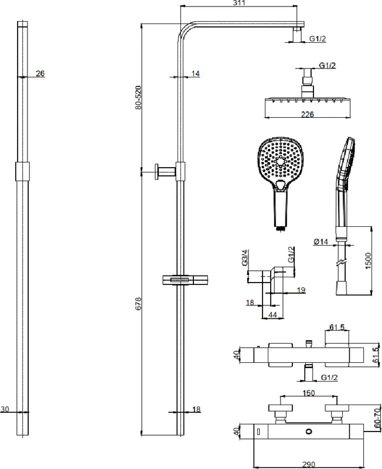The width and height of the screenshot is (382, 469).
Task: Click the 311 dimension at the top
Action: click(x=239, y=3)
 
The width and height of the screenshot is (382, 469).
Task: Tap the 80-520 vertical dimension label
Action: click(x=138, y=97)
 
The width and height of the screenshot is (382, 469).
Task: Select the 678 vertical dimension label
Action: click(x=138, y=303)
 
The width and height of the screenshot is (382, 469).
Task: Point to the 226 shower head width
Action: click(x=308, y=114)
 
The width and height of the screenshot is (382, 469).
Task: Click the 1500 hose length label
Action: click(x=368, y=260)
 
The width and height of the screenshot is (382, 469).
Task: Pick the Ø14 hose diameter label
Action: click(x=321, y=242)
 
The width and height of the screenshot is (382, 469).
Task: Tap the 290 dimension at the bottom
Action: click(x=308, y=464)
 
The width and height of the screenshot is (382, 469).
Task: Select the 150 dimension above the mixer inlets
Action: click(x=308, y=393)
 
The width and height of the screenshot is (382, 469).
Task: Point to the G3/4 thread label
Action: click(x=245, y=257)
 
